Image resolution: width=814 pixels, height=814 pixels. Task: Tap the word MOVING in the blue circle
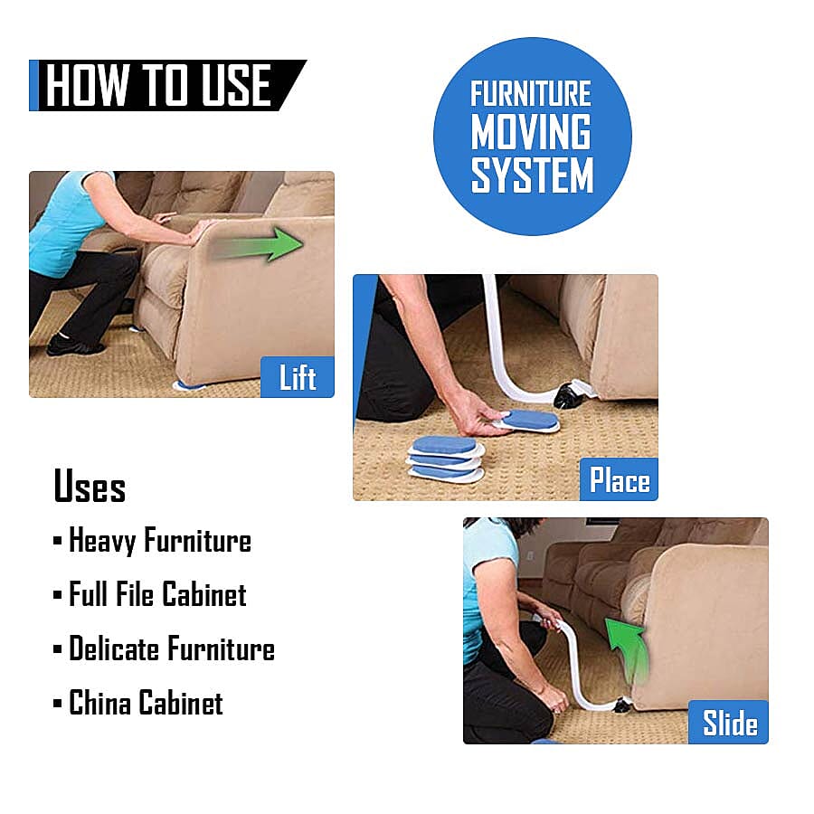coord(532,133)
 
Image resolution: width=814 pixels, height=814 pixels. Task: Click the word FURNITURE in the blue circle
coord(532,94)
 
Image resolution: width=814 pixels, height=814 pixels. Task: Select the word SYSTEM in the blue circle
coord(532,175)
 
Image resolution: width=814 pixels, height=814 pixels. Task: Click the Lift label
coord(297,377)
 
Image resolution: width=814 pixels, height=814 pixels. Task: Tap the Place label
coord(619,480)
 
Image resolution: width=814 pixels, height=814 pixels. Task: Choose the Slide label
coord(729,724)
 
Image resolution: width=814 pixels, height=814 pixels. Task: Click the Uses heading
coord(90,486)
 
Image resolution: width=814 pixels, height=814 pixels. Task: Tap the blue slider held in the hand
coord(528,421)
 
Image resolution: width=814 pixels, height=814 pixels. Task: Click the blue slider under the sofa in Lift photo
coord(191,385)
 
